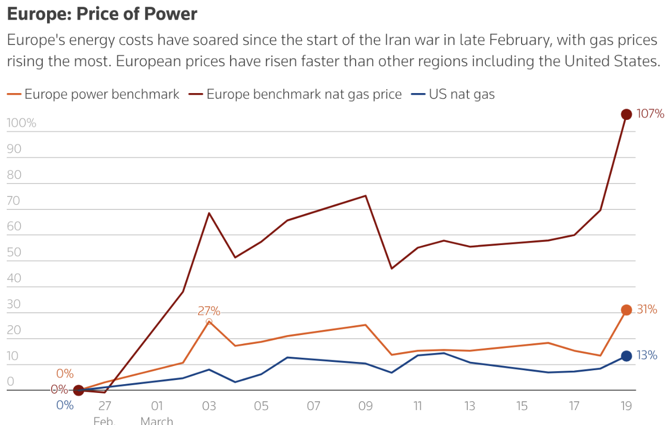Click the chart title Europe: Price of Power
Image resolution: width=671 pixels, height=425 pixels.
click(x=102, y=14)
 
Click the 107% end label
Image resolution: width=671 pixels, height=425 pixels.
click(x=650, y=114)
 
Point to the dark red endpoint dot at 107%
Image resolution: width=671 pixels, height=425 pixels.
click(x=626, y=114)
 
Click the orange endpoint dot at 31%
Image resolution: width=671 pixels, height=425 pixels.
click(x=626, y=310)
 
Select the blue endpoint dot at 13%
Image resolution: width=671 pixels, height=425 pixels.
click(x=626, y=356)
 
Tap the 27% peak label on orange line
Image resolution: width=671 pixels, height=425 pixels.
click(x=209, y=311)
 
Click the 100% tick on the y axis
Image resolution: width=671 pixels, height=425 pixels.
click(x=21, y=123)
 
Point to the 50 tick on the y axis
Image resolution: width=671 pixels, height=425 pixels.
click(x=14, y=252)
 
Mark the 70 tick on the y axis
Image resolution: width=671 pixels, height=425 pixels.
click(x=14, y=201)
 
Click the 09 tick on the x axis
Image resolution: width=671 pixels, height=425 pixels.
click(x=365, y=406)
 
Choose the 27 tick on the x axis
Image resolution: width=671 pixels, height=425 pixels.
click(x=104, y=406)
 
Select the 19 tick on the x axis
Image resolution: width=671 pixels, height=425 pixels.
click(x=626, y=406)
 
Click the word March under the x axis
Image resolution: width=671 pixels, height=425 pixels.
click(x=157, y=420)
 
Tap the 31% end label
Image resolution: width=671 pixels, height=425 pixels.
click(x=647, y=310)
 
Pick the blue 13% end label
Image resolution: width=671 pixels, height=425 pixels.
click(x=647, y=356)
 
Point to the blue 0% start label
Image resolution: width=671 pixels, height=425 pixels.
click(x=65, y=405)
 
